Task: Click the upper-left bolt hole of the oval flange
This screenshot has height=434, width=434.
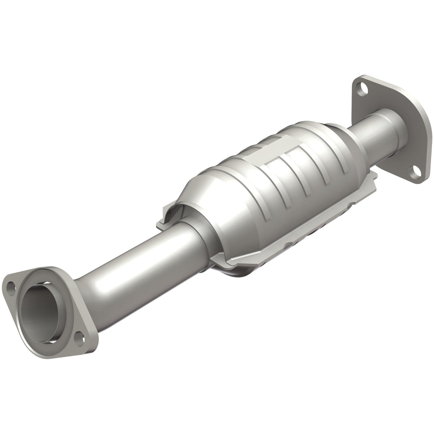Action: [12, 286]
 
